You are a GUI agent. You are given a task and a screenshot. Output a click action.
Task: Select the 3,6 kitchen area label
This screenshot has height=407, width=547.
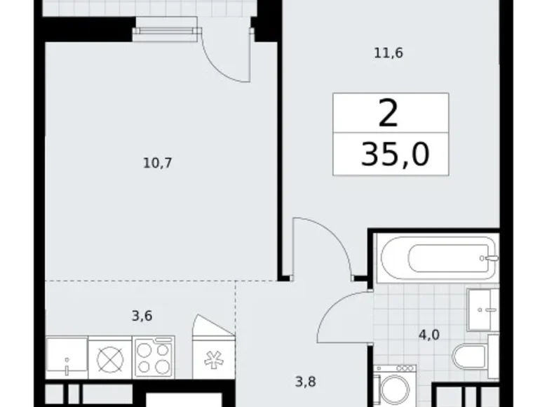click(142, 316)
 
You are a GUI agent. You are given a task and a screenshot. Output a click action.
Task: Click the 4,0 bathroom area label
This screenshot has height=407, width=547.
click(428, 335)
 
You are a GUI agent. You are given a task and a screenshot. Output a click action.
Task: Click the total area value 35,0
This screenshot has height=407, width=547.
click(394, 154)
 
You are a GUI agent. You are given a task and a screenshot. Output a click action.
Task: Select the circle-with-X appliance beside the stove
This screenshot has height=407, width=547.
click(110, 358)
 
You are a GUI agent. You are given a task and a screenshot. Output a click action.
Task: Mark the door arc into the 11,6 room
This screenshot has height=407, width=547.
click(323, 242)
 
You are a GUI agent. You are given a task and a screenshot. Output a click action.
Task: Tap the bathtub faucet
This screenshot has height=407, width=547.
click(492, 258)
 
